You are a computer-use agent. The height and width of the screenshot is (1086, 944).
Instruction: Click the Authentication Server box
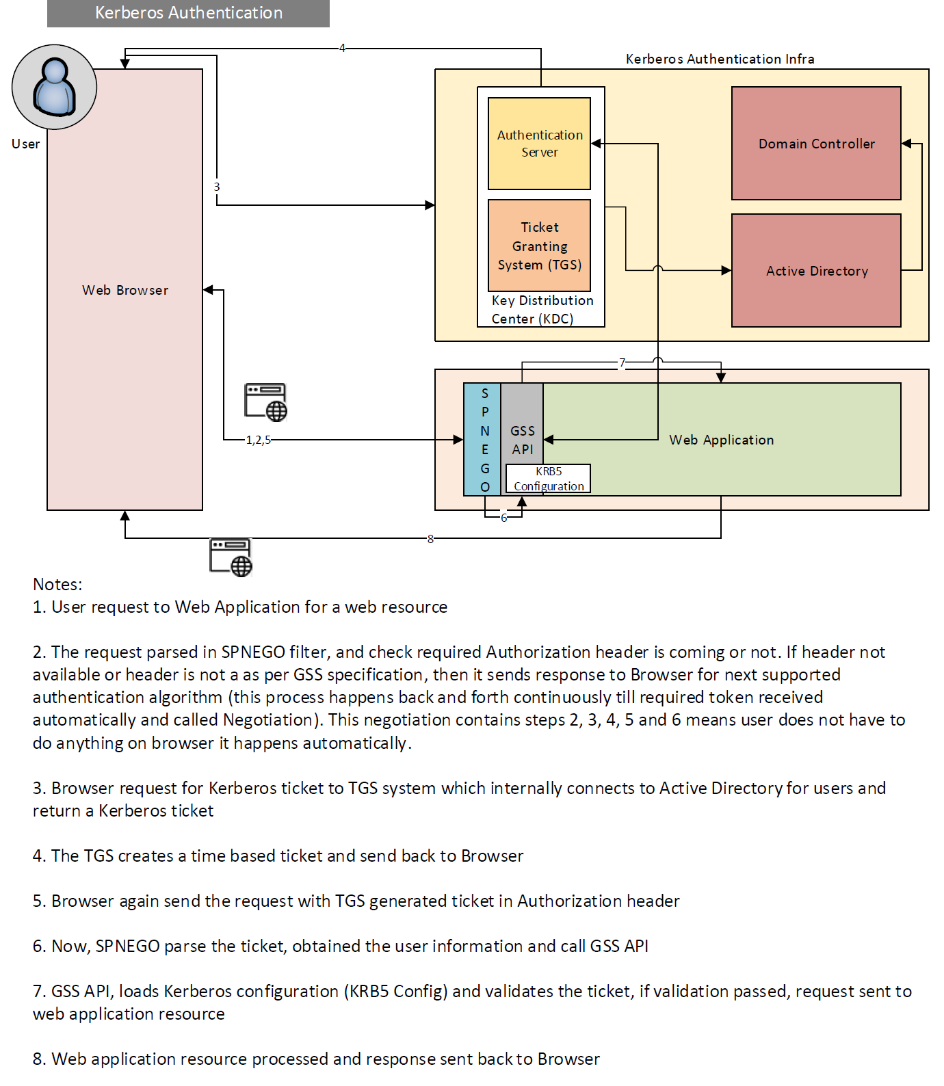click(x=539, y=144)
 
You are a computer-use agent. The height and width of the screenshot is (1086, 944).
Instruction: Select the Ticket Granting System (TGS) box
click(x=539, y=246)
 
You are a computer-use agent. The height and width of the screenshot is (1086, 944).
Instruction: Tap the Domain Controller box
click(x=816, y=144)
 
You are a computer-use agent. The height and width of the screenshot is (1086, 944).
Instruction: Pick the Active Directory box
click(x=816, y=271)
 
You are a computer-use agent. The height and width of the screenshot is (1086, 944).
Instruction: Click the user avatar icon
click(x=54, y=87)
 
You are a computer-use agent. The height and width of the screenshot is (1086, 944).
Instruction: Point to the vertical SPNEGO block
click(x=484, y=440)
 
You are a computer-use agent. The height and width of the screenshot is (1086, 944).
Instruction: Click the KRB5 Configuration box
click(x=548, y=479)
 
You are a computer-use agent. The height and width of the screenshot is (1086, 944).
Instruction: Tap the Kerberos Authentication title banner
click(x=188, y=13)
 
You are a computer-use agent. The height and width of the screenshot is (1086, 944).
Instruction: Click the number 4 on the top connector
click(x=342, y=48)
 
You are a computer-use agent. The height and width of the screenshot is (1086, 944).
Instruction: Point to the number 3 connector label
click(x=217, y=187)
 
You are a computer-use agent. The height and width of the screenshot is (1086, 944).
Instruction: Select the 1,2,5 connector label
click(x=259, y=440)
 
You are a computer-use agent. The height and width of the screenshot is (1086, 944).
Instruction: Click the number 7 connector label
click(x=622, y=362)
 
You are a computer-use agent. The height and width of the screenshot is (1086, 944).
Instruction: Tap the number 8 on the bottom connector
click(x=430, y=539)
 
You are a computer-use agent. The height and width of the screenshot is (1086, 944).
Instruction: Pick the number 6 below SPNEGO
click(x=504, y=518)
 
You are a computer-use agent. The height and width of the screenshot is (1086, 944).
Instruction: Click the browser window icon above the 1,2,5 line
click(x=265, y=401)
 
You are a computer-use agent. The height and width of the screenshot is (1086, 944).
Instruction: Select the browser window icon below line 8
click(x=231, y=557)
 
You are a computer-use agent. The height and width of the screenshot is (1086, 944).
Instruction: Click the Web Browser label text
click(x=125, y=290)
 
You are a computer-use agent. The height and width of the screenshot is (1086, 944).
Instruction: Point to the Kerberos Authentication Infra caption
click(x=720, y=59)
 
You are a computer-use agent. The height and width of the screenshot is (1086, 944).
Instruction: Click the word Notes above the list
click(x=57, y=584)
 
